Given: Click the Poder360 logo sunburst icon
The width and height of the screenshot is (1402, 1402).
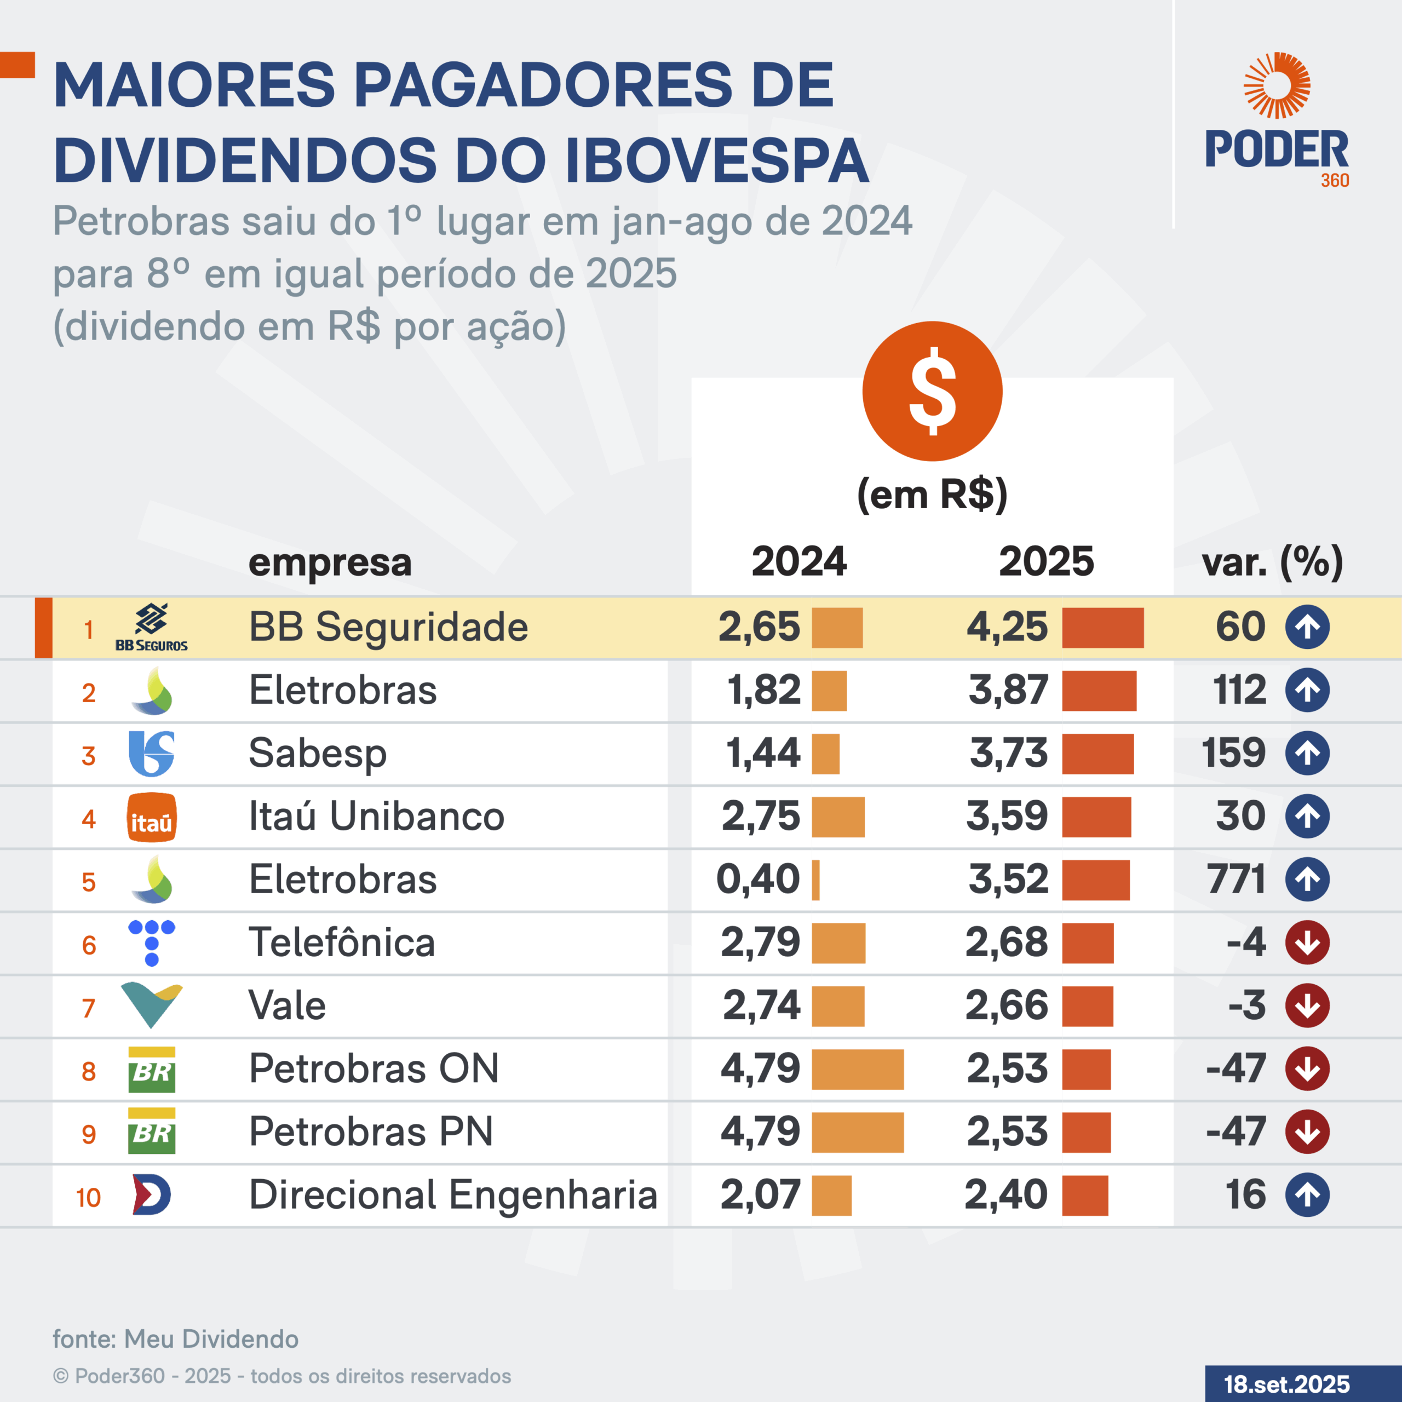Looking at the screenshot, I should click(x=1277, y=85).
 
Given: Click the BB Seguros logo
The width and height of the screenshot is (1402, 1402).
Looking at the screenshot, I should click(x=151, y=627).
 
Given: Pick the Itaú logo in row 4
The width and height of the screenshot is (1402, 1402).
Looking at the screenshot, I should click(x=151, y=817).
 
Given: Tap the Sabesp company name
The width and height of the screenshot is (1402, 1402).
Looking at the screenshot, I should click(x=317, y=753).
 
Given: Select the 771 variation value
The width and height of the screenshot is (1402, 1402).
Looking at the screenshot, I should click(x=1236, y=879).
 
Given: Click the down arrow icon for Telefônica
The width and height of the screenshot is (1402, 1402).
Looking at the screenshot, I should click(x=1307, y=942).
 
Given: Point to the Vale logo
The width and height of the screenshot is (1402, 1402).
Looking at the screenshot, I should click(x=151, y=1005).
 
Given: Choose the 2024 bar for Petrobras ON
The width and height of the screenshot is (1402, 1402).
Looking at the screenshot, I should click(x=857, y=1069).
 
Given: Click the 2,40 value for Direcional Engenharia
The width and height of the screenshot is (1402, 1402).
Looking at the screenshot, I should click(x=1006, y=1194).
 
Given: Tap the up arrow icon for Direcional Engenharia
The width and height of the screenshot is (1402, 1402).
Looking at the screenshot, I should click(x=1307, y=1194).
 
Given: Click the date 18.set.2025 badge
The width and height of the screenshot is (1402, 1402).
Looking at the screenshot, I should click(x=1286, y=1384).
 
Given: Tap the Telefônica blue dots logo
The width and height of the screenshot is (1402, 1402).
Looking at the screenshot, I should click(x=151, y=942).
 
